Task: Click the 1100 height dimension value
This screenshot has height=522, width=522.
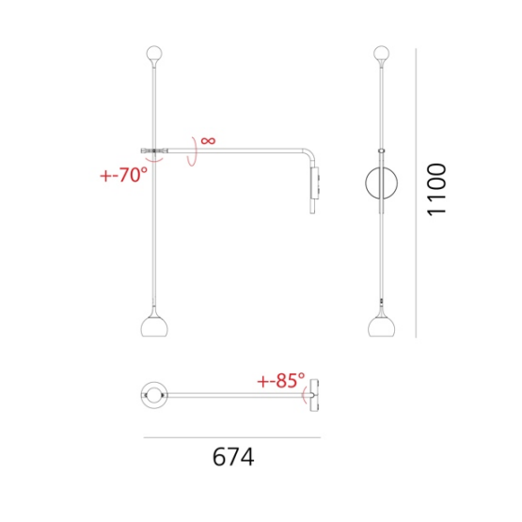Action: pos(436,190)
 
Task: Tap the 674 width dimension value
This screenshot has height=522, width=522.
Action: pos(233,457)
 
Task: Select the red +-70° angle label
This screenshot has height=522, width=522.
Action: pos(123,174)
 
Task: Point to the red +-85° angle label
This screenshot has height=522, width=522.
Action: pos(281,380)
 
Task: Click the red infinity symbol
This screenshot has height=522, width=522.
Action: pos(208,140)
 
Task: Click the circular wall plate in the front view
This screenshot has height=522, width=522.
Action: pos(366,183)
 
